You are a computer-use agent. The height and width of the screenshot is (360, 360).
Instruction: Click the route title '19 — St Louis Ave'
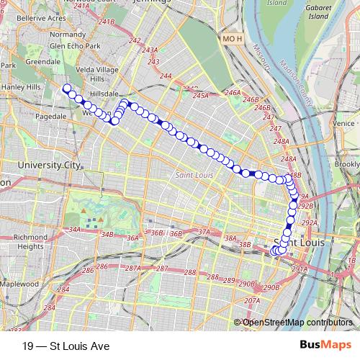pos(66,346)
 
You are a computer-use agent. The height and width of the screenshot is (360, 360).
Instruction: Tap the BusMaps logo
pos(325,346)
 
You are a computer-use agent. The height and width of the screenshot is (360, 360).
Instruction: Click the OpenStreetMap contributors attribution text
pos(297,322)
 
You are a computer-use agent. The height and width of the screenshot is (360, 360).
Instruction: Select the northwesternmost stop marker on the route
pos(67,89)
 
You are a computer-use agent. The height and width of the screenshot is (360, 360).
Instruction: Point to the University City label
pos(49,165)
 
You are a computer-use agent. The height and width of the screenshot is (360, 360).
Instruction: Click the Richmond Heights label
pos(30,241)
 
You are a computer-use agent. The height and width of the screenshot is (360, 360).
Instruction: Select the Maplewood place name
pos(19,284)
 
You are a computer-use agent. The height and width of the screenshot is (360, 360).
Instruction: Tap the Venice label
pos(344,123)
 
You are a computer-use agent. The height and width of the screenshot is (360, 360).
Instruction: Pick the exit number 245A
pos(201,95)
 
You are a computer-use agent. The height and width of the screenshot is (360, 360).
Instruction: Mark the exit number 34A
pos(74,230)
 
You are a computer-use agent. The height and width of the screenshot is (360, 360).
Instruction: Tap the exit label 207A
pos(251,301)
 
